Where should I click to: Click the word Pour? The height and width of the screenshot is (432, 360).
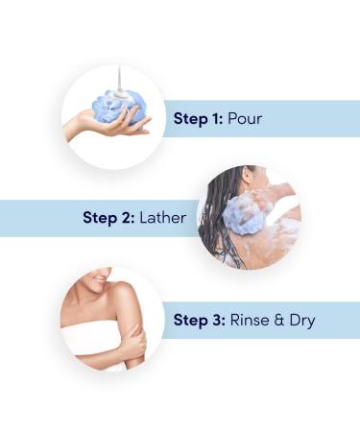244,119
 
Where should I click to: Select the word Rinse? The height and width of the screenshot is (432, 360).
250,319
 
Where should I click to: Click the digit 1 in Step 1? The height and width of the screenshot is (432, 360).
216,119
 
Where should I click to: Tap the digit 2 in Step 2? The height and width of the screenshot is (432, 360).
126,217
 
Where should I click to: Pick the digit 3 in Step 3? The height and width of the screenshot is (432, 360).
217,319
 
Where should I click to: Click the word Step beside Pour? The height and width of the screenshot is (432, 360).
191,119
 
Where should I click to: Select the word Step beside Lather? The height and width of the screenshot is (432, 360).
101,217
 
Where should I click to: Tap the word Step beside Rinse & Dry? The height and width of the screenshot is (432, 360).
191,319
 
